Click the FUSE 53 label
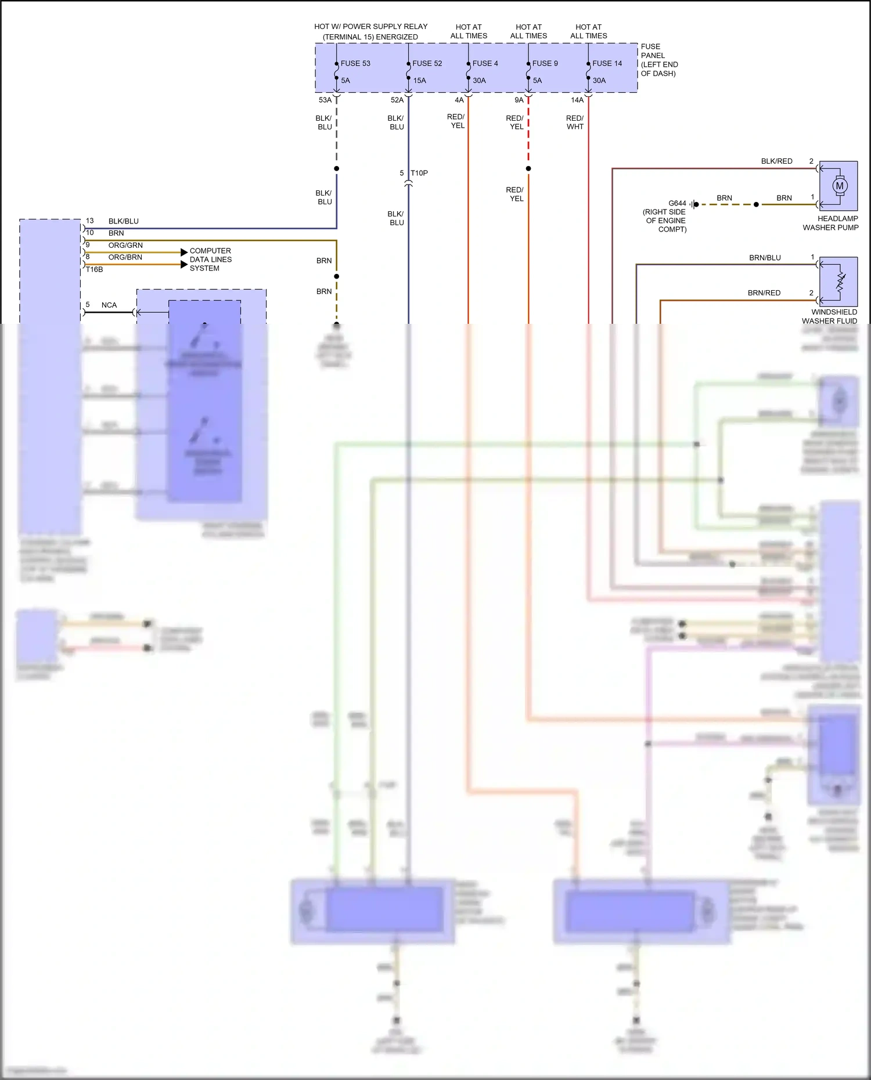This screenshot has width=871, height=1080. click(x=355, y=63)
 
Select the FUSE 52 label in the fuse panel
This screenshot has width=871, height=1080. click(x=427, y=63)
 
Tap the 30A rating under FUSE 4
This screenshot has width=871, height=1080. click(x=479, y=81)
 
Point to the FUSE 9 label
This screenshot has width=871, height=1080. click(x=545, y=63)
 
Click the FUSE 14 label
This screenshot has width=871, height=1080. click(x=607, y=63)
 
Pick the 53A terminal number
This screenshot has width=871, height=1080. click(x=325, y=100)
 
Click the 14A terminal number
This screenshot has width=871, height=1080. click(x=577, y=100)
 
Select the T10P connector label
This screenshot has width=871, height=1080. click(x=419, y=173)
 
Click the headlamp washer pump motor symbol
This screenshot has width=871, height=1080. click(x=839, y=186)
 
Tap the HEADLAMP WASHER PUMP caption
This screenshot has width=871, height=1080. click(x=831, y=223)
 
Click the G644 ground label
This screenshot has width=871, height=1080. click(x=677, y=203)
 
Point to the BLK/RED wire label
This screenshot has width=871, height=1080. click(x=776, y=161)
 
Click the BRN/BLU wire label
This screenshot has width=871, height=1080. click(x=765, y=258)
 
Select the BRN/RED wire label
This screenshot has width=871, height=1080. click(x=764, y=293)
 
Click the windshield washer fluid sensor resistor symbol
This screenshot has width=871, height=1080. click(x=840, y=282)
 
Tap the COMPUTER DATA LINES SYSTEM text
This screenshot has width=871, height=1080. click(x=210, y=259)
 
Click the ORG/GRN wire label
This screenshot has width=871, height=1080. click(x=125, y=245)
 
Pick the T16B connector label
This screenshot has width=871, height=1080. click(x=94, y=269)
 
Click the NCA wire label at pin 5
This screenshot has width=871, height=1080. click(x=109, y=305)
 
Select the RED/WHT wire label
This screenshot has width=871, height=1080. click(x=575, y=122)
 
